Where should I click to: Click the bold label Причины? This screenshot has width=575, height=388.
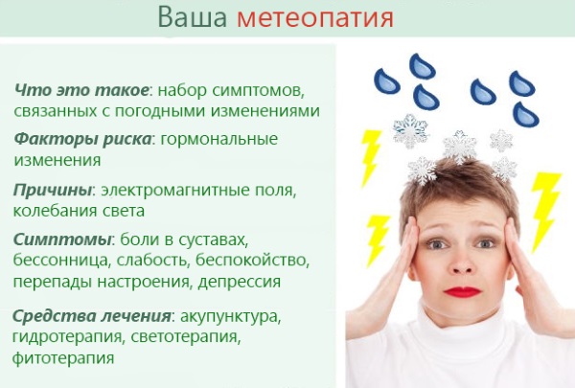54,189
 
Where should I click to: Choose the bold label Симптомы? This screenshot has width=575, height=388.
59,239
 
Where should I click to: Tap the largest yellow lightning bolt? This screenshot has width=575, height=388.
544,206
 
